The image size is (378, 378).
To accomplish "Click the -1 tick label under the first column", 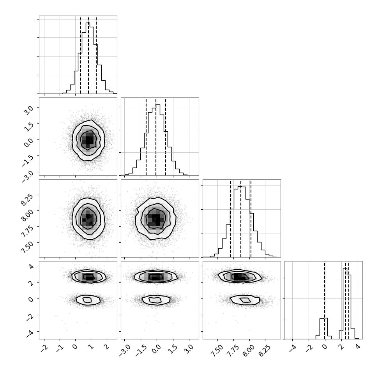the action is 58,348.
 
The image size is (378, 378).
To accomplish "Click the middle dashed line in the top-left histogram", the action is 88,55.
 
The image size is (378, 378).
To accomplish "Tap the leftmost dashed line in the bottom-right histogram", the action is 325,300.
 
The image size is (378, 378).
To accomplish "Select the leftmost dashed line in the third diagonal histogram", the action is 231,219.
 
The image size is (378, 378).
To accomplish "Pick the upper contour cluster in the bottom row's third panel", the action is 239,276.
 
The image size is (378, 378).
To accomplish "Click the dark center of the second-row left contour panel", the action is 88,140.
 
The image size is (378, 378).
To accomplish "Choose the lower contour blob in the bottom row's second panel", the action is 156,300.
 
